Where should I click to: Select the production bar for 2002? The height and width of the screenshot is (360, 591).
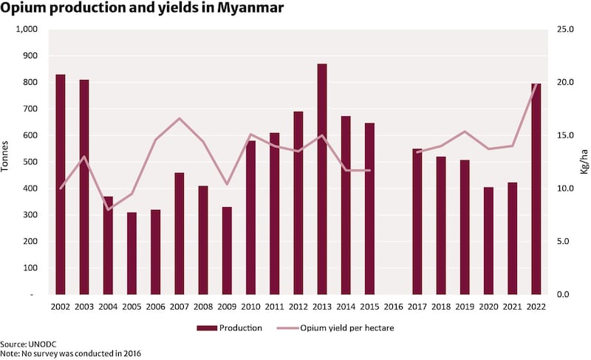tap(61, 184)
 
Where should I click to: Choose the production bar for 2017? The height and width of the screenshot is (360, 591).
tap(417, 221)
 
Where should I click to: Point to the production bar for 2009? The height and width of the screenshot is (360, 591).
tap(227, 251)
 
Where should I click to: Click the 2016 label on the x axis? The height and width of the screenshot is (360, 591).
tap(393, 306)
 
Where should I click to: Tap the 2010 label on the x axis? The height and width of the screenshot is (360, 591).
tap(250, 306)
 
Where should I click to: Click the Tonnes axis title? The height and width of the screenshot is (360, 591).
tap(7, 155)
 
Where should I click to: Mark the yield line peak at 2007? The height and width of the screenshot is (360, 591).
tap(180, 118)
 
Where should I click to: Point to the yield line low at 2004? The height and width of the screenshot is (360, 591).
tap(109, 209)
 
